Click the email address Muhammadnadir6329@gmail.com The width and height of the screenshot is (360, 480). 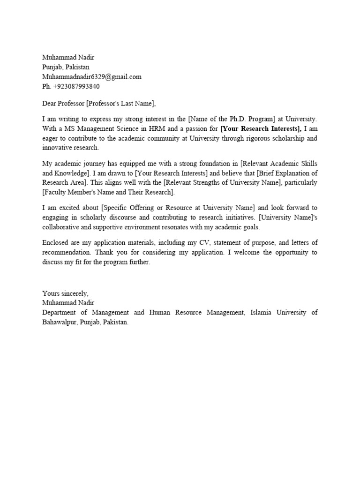[x=92, y=77]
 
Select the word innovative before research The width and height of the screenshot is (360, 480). [x=58, y=147]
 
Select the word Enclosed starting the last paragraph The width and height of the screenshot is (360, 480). [x=56, y=243]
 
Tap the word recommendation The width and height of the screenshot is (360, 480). [x=67, y=252]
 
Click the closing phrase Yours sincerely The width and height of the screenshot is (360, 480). [x=65, y=293]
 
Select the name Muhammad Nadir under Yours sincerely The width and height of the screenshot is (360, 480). [x=68, y=303]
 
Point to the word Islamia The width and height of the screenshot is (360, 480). [x=263, y=312]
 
